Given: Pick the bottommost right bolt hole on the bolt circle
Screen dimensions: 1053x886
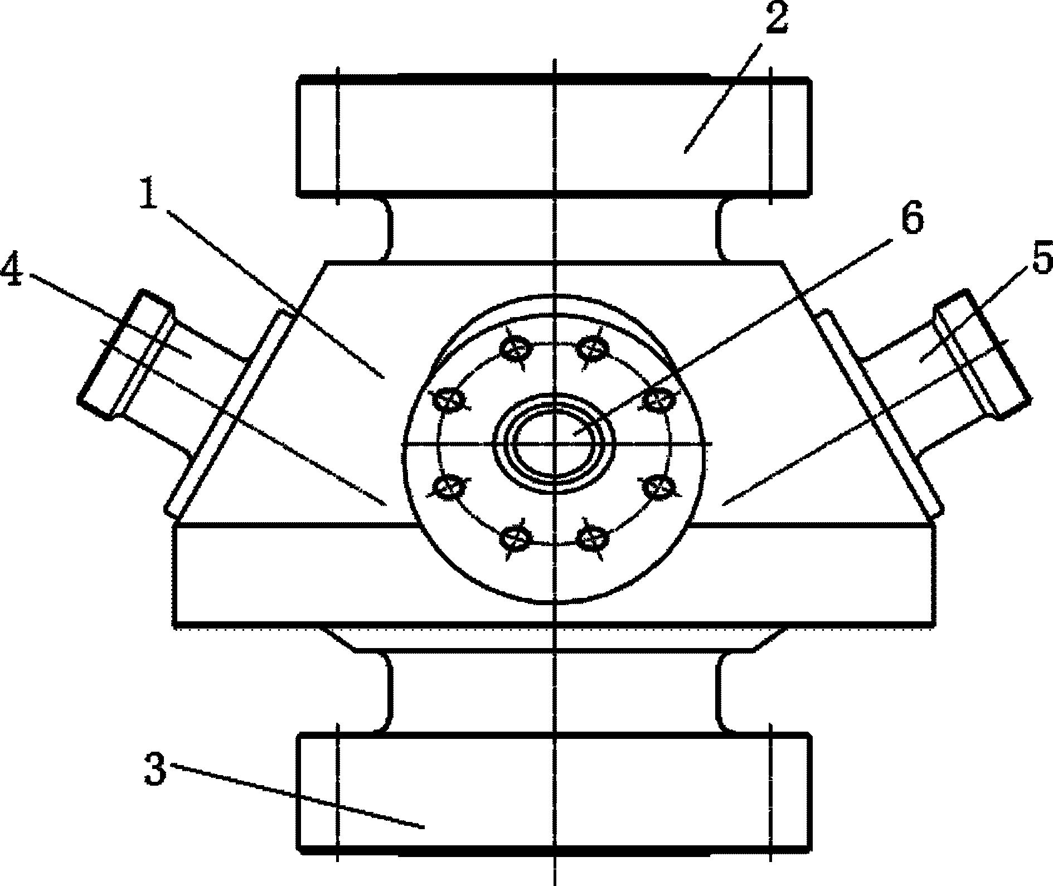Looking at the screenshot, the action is point(592,538).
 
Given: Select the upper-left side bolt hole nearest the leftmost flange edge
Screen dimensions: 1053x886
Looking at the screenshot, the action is point(449,399).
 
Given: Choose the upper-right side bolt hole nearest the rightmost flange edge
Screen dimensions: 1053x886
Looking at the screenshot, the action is point(658,399).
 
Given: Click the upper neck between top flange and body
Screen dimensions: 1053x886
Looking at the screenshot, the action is point(554,229).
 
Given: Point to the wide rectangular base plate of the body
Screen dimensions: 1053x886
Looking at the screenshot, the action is point(554,575).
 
